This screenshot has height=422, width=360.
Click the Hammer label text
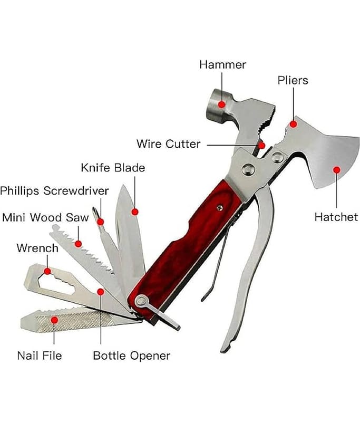222,65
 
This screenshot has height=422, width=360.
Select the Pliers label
293,81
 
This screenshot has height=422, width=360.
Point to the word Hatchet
336,217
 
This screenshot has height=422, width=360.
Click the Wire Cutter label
168,143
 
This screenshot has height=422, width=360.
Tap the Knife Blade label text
113,168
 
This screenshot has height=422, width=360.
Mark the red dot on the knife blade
134,212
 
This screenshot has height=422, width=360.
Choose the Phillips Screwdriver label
55,190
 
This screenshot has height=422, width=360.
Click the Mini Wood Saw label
46,217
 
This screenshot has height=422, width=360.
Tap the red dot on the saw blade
79,244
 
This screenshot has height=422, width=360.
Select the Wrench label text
37,248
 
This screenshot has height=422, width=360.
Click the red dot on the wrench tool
47,271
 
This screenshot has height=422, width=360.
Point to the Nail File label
40,356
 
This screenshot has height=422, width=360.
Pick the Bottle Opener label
131,356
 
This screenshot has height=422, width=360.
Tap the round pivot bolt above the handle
246,169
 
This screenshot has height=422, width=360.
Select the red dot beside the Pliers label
294,124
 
